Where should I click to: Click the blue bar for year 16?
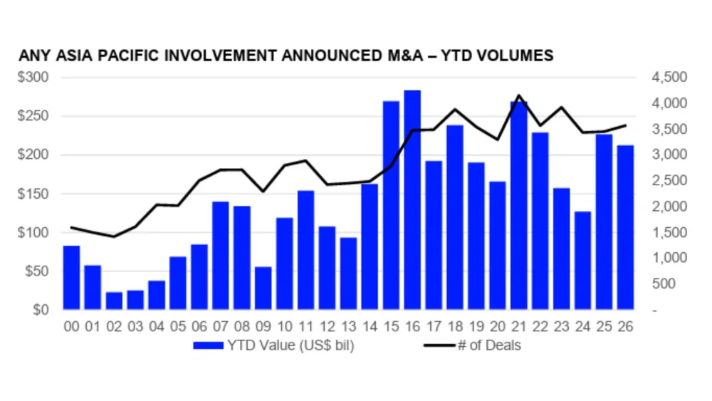[x=412, y=200]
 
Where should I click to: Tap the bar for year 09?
[x=263, y=288]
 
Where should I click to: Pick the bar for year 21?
[x=519, y=206]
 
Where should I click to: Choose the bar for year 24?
[x=583, y=261]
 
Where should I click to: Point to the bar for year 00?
[x=71, y=278]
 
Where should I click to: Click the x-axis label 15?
[x=391, y=327]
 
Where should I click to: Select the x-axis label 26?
[x=626, y=327]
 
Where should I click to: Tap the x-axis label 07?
[x=221, y=327]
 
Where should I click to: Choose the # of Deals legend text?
[x=489, y=346]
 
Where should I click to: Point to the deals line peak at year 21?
[x=519, y=95]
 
